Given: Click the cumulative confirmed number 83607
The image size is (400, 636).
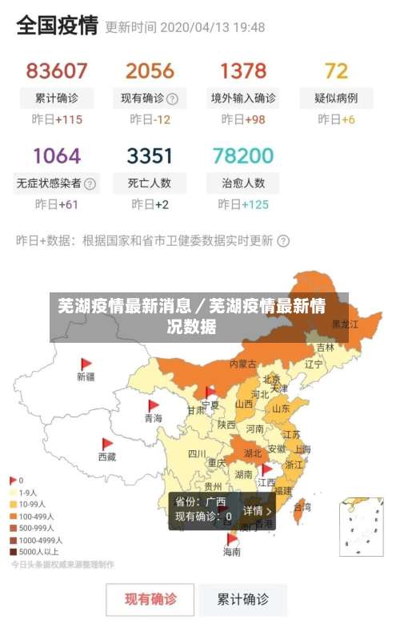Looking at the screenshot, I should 56,70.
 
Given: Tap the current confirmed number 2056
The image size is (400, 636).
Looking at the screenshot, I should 150,70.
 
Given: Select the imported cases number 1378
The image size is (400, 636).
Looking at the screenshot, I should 243,70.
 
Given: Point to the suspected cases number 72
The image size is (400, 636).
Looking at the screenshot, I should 336,70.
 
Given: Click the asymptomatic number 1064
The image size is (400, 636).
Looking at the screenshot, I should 56,155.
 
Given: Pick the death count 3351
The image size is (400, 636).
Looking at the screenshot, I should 150,155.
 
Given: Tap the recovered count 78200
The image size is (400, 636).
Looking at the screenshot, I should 243,155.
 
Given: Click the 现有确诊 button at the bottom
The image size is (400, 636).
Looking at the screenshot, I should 150,598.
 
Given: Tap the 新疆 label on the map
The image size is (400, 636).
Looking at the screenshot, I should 86,376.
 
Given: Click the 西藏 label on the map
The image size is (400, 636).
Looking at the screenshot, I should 106,457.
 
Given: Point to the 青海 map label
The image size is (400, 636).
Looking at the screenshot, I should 153,418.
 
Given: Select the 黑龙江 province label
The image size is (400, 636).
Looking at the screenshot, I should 346,324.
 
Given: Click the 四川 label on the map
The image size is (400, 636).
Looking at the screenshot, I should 197,453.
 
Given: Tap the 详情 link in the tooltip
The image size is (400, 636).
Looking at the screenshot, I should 257,510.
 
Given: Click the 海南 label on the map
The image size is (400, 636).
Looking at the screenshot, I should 231,552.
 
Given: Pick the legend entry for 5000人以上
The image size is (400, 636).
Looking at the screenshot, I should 37,552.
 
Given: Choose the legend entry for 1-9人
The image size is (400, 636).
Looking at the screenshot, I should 27,493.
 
